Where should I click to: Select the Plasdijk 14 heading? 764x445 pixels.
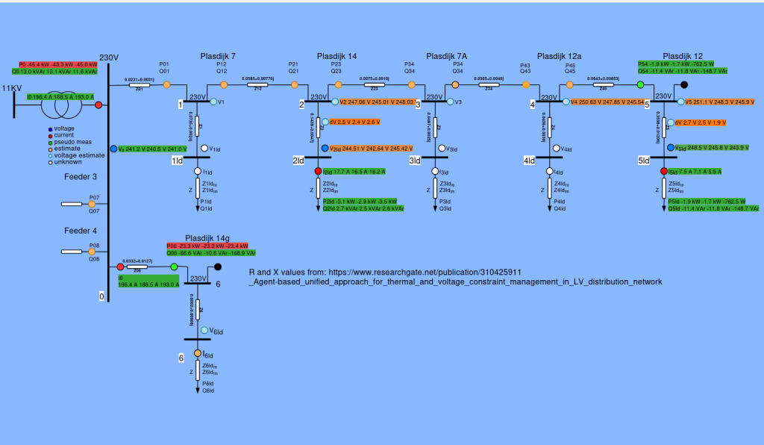(336, 57)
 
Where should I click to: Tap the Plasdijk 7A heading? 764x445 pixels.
(446, 57)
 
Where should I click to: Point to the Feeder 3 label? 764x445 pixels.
(80, 176)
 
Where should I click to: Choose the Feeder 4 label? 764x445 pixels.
(80, 231)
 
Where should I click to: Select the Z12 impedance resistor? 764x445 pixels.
(257, 86)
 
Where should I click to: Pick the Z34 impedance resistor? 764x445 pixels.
(489, 86)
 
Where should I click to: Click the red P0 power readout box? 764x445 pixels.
(59, 64)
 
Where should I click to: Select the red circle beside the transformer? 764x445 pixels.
(98, 105)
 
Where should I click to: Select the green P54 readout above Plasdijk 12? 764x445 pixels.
(682, 64)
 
